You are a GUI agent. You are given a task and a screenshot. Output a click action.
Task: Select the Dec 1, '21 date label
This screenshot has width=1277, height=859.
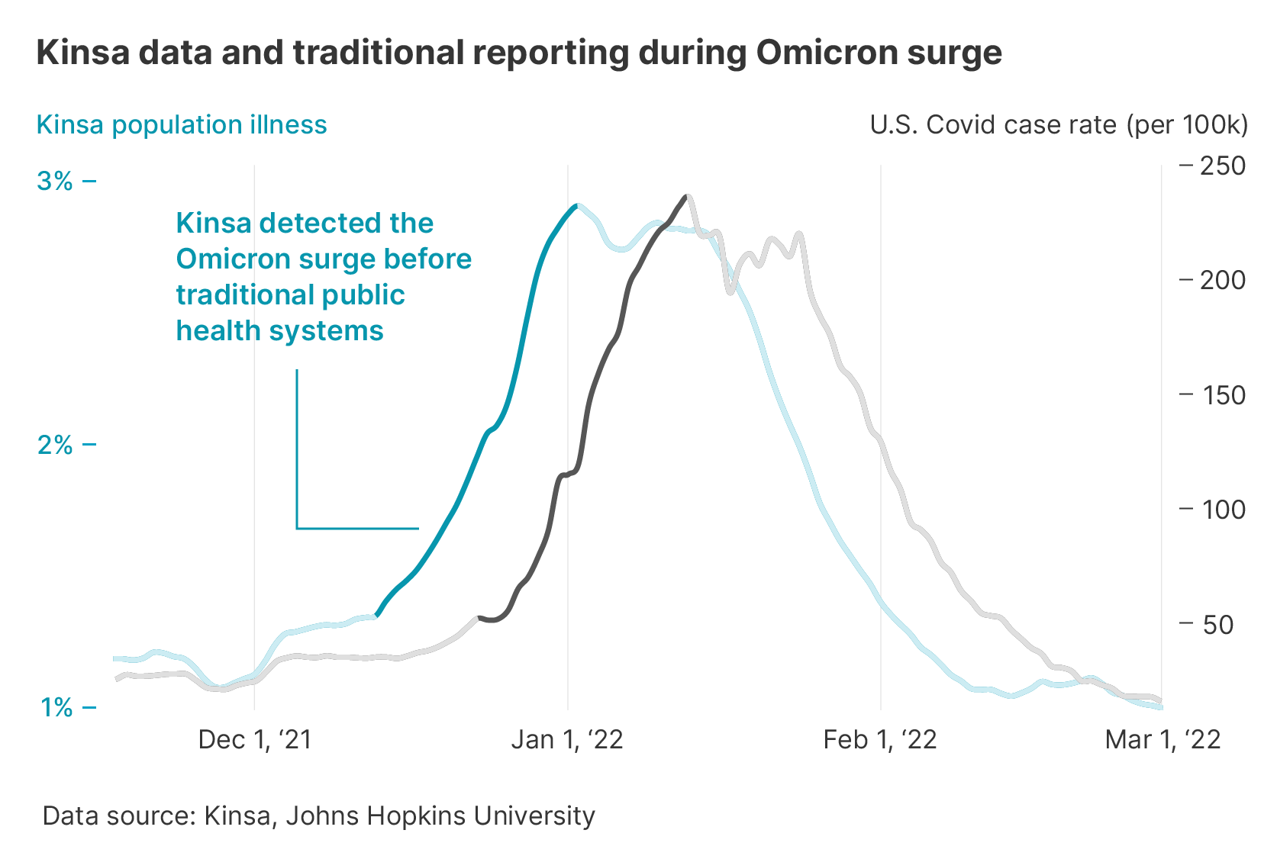(255, 739)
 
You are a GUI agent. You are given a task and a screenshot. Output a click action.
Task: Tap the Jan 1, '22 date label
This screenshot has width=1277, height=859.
(567, 739)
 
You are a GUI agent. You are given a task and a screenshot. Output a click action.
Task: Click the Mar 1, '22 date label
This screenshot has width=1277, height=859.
(1163, 739)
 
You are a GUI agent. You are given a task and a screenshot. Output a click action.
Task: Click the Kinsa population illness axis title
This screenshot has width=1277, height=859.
(182, 124)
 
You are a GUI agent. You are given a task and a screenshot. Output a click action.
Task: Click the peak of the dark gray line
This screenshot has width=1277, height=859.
(687, 196)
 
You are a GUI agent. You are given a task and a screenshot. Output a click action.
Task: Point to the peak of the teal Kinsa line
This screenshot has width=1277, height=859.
(576, 205)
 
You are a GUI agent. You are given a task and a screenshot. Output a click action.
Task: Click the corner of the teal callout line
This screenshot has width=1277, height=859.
(297, 528)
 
